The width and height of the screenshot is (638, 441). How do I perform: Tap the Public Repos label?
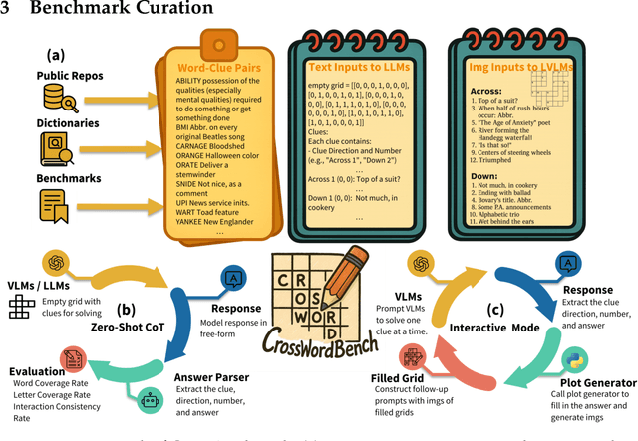click(x=62, y=76)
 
